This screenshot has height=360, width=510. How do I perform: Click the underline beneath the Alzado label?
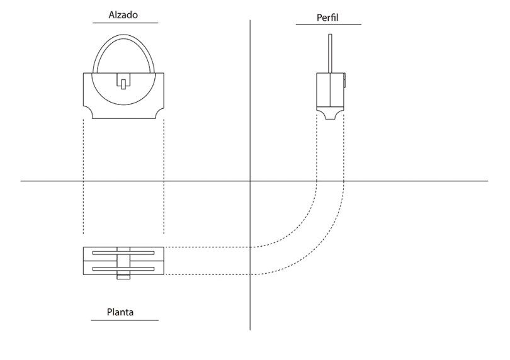(125, 23)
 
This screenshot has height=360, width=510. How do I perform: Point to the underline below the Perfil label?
(328, 25)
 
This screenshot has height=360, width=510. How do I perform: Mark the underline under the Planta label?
(124, 320)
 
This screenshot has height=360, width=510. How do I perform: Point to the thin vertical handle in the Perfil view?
(329, 53)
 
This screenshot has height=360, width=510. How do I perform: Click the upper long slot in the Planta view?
(123, 253)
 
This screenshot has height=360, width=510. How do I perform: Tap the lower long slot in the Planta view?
(123, 269)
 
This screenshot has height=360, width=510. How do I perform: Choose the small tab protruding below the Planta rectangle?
(123, 277)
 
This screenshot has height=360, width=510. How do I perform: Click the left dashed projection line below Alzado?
(84, 176)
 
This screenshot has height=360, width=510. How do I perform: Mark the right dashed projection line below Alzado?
(164, 176)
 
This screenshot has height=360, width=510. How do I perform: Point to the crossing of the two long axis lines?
(250, 181)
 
